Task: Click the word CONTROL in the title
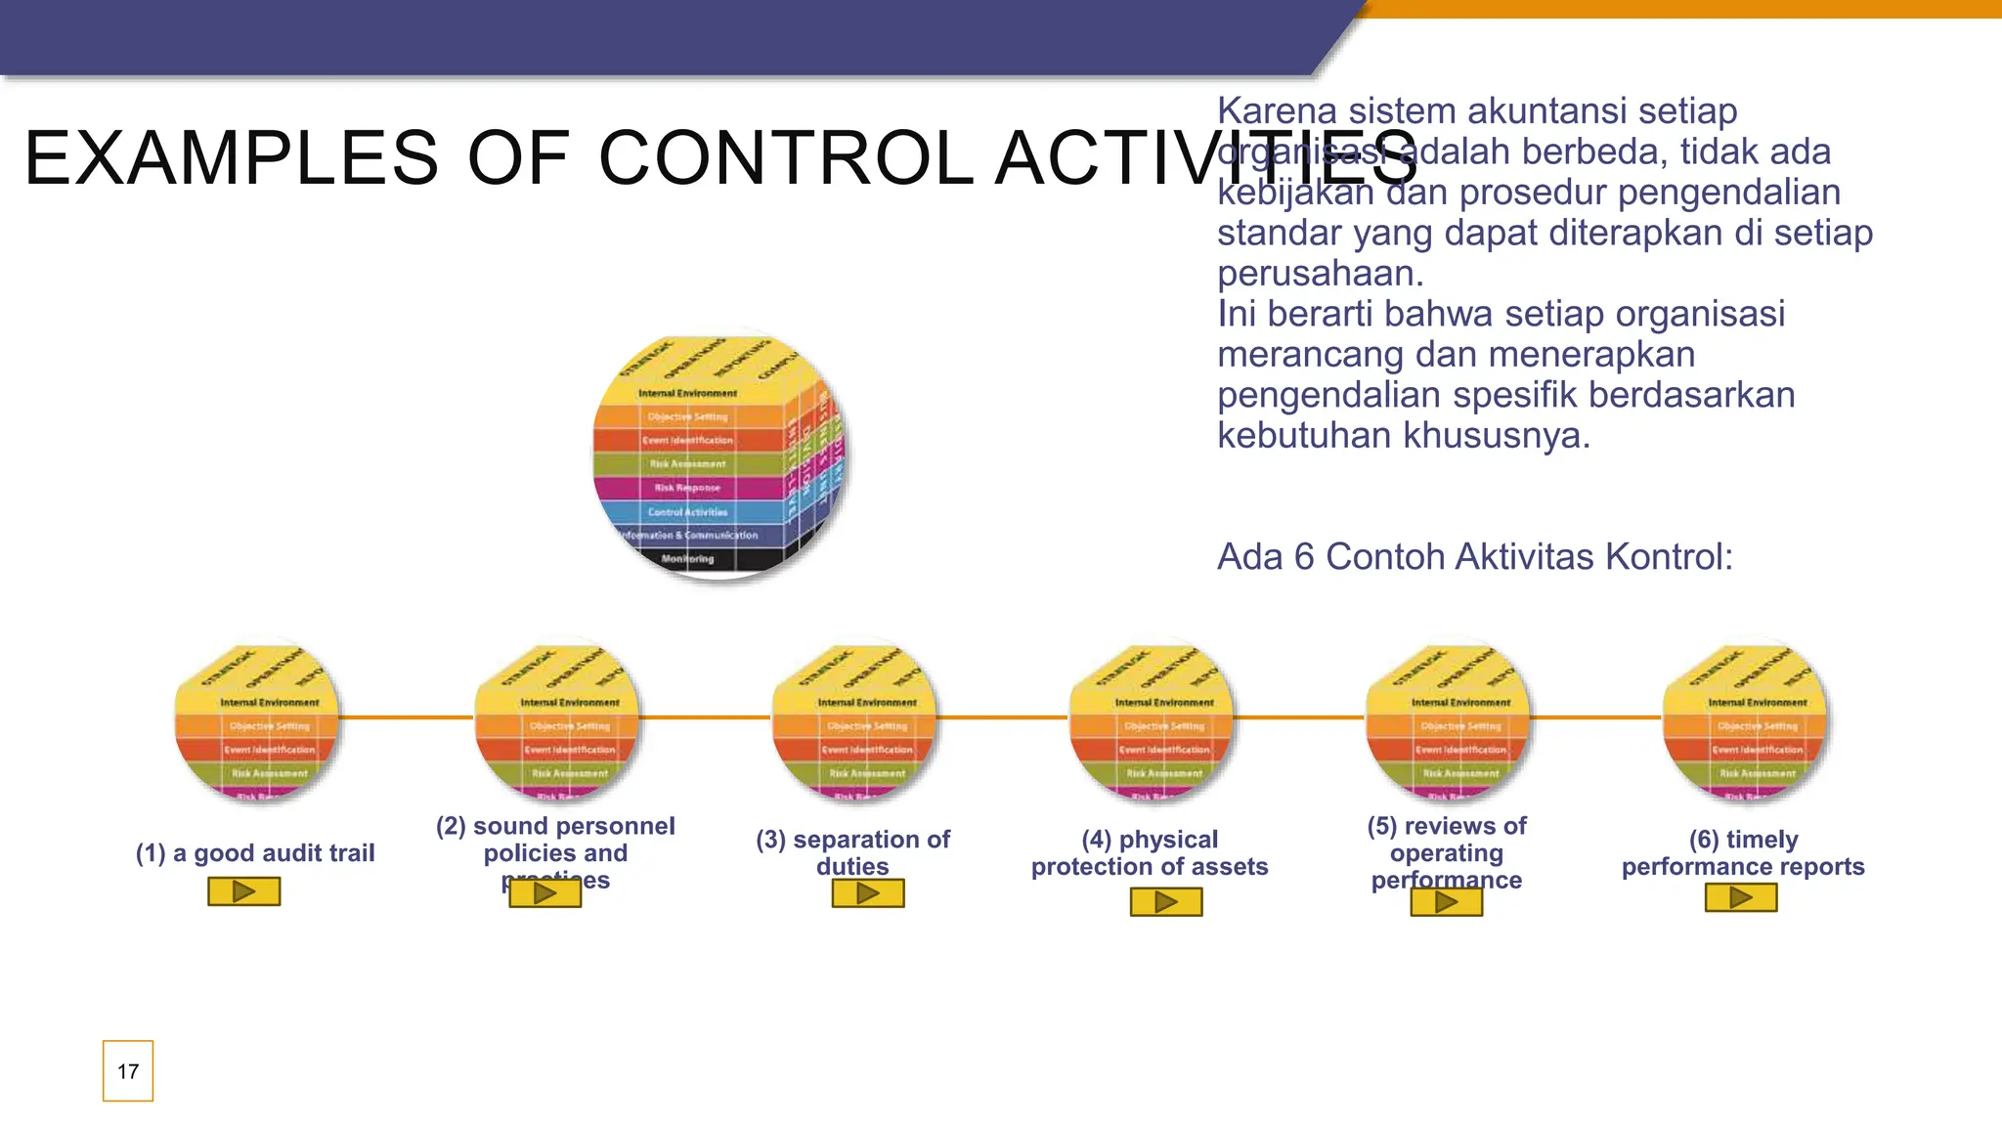[x=786, y=158]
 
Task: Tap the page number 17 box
[x=128, y=1071]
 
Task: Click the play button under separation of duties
[x=868, y=893]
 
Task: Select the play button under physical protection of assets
[x=1165, y=901]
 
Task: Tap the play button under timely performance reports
[x=1740, y=897]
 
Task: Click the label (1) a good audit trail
[x=255, y=853]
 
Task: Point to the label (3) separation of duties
[x=852, y=852]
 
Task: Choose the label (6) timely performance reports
[x=1743, y=852]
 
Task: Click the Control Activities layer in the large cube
[x=688, y=511]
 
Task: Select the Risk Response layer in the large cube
[x=687, y=488]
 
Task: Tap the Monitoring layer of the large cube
[x=687, y=559]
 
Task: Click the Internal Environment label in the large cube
[x=687, y=393]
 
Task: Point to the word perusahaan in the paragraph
[x=1319, y=274]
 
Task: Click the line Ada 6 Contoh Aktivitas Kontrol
[x=1474, y=557]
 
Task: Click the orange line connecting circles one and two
[x=406, y=717]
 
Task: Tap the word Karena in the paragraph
[x=1276, y=111]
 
